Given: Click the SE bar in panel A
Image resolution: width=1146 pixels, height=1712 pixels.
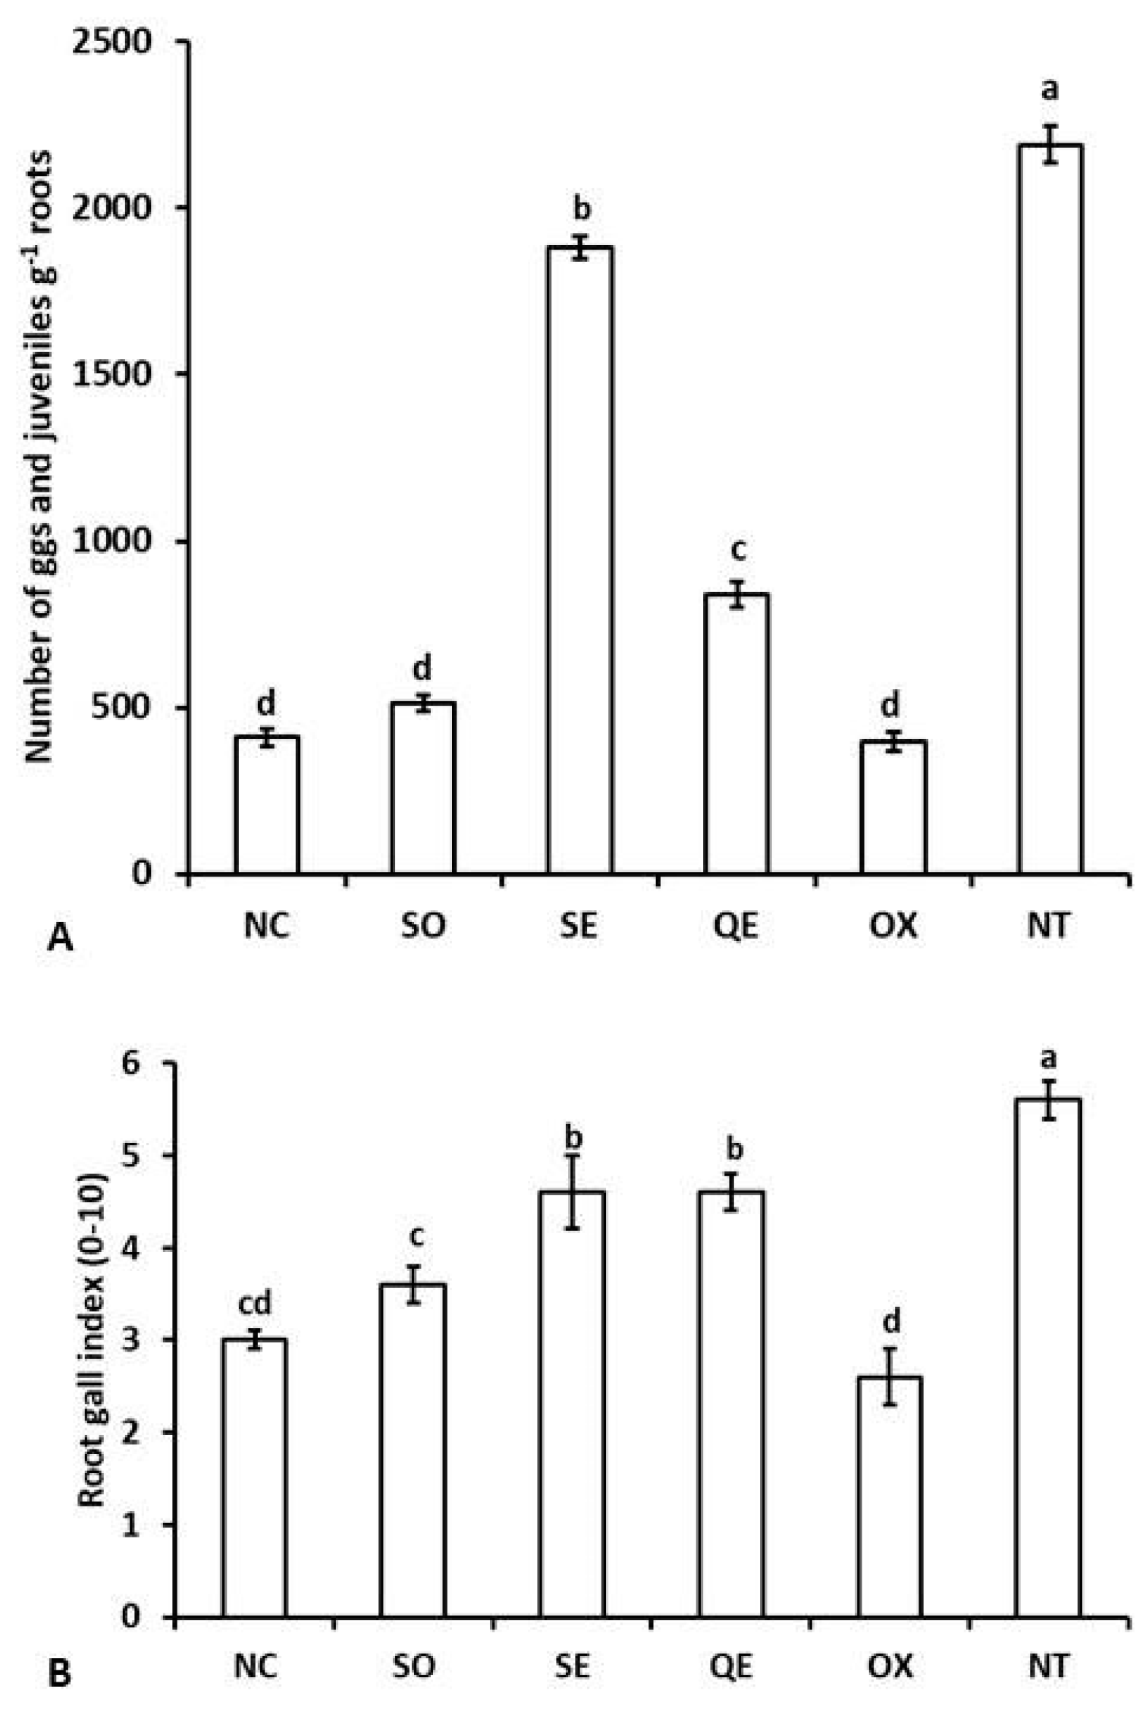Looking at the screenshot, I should click(x=579, y=562).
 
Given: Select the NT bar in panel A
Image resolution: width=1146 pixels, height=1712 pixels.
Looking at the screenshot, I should click(x=1050, y=508).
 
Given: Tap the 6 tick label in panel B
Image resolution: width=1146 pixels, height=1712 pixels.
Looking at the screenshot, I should click(x=130, y=1063).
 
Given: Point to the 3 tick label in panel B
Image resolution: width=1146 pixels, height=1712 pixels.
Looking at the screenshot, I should click(x=130, y=1340).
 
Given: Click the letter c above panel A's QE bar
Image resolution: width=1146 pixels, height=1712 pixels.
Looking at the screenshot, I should click(x=737, y=548).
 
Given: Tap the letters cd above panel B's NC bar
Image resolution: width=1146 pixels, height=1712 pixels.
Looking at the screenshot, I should click(x=255, y=1304).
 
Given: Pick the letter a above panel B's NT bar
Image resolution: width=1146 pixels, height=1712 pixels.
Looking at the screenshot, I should click(x=1050, y=1057).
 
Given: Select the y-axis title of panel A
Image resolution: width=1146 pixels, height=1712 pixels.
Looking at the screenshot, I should click(x=39, y=455).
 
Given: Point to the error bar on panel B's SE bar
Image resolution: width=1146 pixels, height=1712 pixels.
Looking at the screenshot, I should click(x=573, y=1191).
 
